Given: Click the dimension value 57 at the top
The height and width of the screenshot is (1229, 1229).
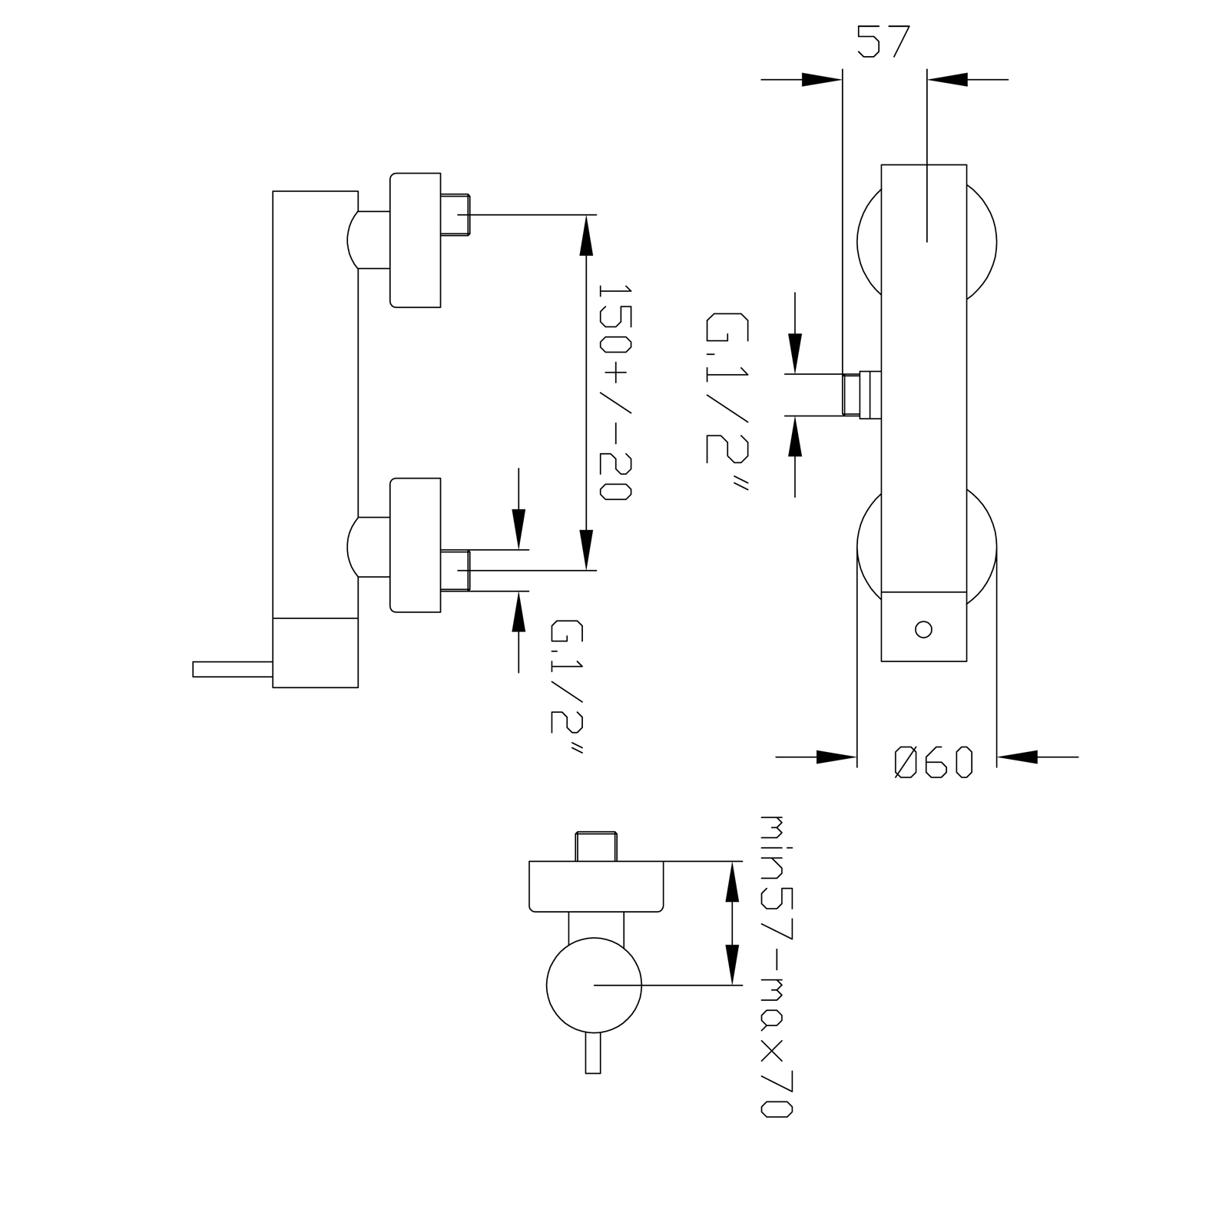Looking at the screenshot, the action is [x=883, y=41].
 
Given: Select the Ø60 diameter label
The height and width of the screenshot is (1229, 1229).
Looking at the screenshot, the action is [x=934, y=762].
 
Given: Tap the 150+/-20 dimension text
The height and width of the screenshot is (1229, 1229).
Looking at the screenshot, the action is [x=614, y=393].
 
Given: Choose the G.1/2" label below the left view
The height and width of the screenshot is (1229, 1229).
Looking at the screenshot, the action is [x=567, y=687].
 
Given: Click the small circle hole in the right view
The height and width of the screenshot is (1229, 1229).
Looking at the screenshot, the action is [x=924, y=630].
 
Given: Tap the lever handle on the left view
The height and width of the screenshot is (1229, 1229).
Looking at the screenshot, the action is [x=233, y=669].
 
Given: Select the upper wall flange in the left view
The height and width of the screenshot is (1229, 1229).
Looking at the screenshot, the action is [x=416, y=240].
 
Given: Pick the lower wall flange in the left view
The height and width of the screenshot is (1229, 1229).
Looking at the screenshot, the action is [x=416, y=545].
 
